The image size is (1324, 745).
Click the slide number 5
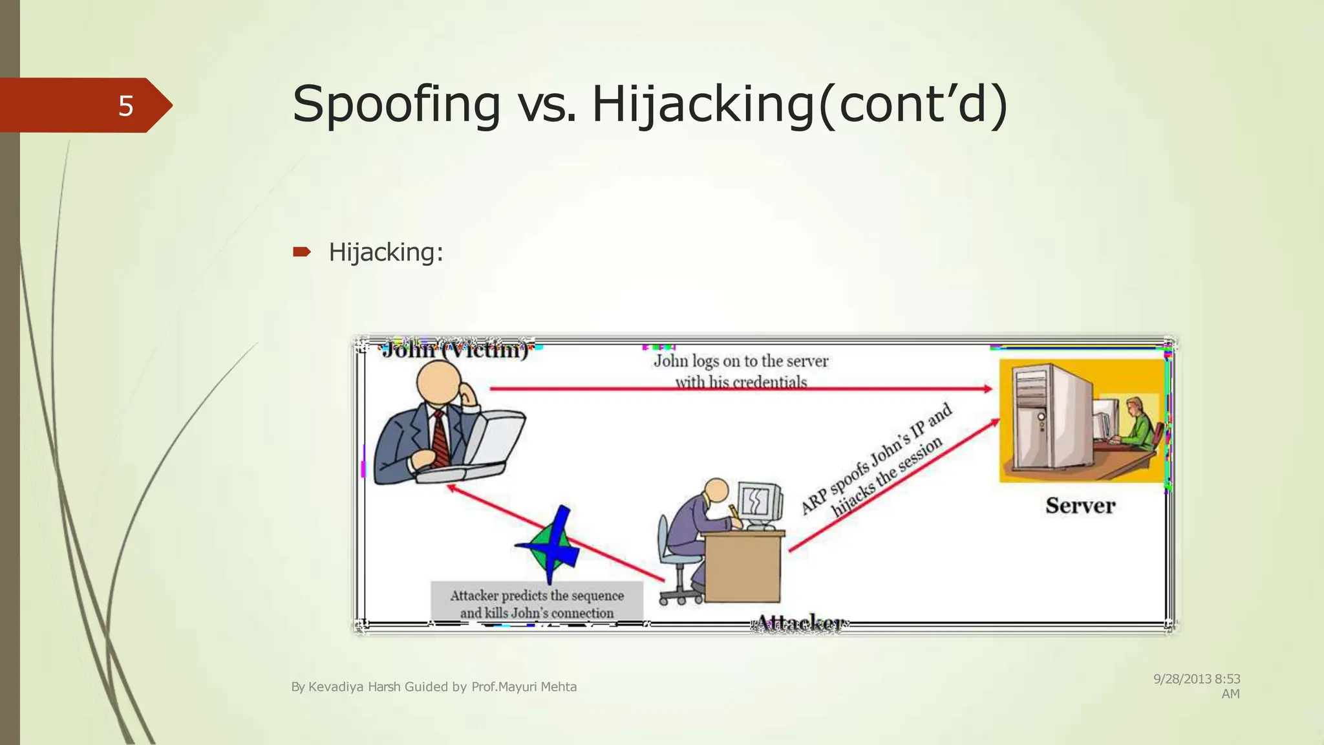tap(125, 106)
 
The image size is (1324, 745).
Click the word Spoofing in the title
tap(396, 104)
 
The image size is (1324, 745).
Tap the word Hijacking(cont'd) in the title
tap(799, 104)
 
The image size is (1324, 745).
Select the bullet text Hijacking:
tap(386, 252)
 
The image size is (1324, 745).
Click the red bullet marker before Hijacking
tap(301, 252)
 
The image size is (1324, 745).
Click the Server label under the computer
tap(1080, 506)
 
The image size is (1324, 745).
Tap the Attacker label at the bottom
tap(799, 623)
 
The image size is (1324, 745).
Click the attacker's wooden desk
tap(743, 566)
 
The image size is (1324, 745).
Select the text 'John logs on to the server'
tap(741, 361)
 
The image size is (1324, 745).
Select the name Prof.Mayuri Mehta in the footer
tap(524, 687)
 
